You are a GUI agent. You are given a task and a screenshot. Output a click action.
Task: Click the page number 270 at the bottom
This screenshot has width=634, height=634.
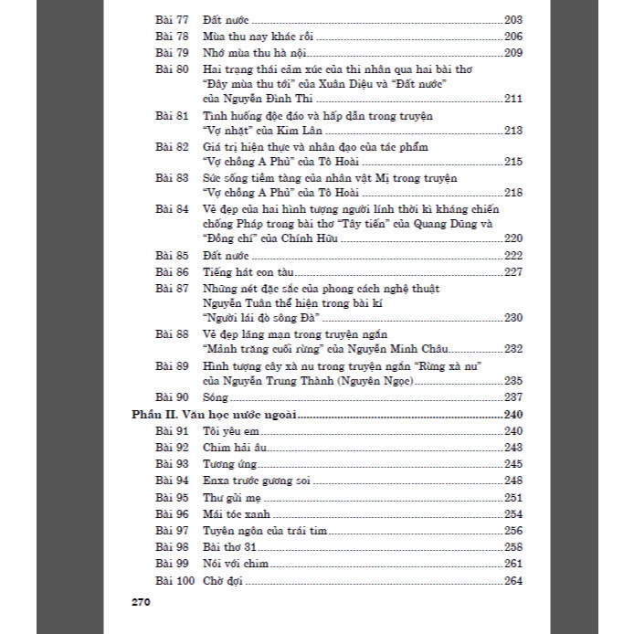point(141,602)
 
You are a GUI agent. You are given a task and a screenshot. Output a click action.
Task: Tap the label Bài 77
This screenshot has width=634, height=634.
point(171,20)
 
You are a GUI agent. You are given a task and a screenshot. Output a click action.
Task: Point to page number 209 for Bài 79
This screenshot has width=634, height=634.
point(512,53)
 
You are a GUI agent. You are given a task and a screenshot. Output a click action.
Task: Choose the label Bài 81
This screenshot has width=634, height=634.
point(171,116)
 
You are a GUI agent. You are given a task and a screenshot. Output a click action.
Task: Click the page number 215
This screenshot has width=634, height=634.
point(512,163)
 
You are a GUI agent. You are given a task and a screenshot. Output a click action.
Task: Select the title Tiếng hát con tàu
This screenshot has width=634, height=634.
point(243,272)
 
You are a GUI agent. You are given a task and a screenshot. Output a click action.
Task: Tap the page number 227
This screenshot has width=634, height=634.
point(512,272)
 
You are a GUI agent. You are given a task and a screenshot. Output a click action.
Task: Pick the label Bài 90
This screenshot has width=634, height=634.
point(171,397)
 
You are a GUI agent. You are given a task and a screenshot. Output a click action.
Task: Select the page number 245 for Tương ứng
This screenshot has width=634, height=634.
point(512,464)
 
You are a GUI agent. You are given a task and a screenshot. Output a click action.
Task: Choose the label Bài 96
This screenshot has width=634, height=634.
point(171,514)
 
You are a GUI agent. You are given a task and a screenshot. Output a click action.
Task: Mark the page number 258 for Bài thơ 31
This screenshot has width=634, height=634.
point(512,547)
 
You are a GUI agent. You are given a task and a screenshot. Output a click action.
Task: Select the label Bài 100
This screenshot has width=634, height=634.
point(174,581)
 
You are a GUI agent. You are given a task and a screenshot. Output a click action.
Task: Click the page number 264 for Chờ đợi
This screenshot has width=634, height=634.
point(512,581)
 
